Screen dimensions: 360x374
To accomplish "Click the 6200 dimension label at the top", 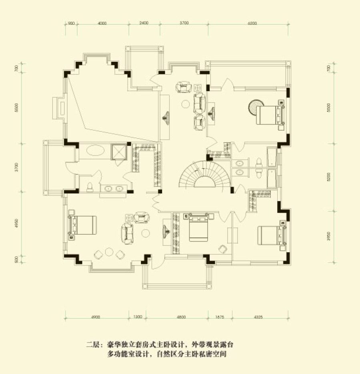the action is click(x=252, y=23).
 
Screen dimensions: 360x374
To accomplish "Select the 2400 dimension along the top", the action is click(x=144, y=23).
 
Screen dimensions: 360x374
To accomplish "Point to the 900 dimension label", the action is click(x=71, y=23).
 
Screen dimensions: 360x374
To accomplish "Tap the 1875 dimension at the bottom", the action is click(x=220, y=317).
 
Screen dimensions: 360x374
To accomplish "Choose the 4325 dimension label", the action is click(x=258, y=317).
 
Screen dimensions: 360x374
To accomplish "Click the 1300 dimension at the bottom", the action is click(x=138, y=317).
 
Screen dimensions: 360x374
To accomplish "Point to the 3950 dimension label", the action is click(x=329, y=236).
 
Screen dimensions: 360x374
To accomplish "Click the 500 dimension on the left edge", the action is click(x=16, y=259).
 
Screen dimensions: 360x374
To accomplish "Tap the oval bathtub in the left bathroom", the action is click(x=95, y=151).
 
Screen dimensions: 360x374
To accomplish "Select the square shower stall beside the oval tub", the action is click(x=118, y=152).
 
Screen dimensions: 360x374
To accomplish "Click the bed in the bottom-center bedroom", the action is click(x=198, y=227).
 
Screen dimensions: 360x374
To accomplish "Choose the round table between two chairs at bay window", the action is click(x=109, y=251).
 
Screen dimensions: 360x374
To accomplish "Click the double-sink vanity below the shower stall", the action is click(x=114, y=189).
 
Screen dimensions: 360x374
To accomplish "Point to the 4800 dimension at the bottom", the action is click(x=181, y=317).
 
